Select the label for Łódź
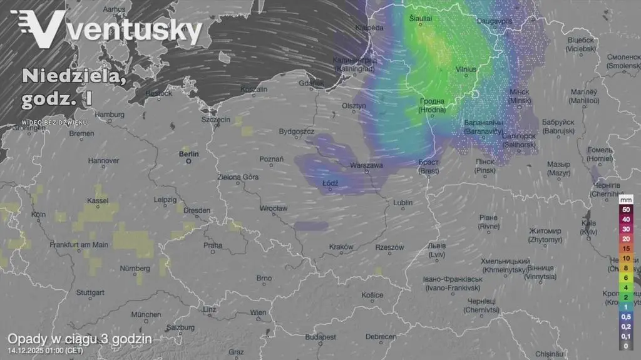(330, 183)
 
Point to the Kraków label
(341, 247)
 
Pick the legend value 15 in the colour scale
(625, 249)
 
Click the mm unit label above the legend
(625, 199)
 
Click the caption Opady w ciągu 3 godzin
(79, 338)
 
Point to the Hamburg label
(110, 115)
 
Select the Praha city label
(212, 245)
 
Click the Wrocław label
(274, 208)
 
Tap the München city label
(146, 314)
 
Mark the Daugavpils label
(495, 21)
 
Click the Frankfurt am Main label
(69, 245)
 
